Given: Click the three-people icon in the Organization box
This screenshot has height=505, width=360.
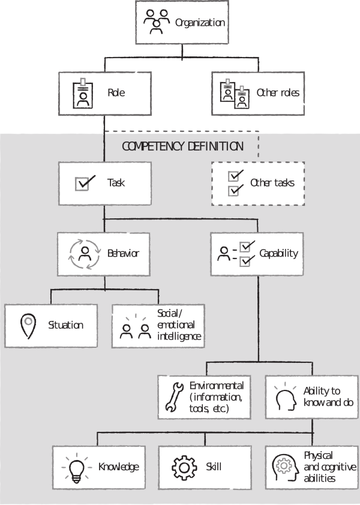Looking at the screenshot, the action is click(157, 22).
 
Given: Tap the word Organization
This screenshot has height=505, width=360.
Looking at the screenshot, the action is click(200, 23).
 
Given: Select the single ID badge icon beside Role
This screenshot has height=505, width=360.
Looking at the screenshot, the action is click(83, 93).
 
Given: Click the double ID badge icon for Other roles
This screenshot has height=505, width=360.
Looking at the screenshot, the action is click(235, 94).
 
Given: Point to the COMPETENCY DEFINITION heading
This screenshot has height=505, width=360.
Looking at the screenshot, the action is click(182, 146).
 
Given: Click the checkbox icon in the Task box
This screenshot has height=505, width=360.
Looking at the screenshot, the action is click(85, 183).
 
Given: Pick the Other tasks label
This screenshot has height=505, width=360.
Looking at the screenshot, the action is click(272, 182).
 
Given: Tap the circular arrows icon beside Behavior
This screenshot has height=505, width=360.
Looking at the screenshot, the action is click(85, 254).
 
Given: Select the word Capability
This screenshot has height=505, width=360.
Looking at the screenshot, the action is click(279, 254).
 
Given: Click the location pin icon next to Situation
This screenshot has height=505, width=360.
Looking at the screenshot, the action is click(28, 326).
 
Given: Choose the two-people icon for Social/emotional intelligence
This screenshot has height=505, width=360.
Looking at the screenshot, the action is click(136, 327).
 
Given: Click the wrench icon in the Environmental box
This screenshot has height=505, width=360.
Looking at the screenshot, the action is click(175, 397).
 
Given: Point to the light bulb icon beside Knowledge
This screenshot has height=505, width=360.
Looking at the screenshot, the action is click(77, 468).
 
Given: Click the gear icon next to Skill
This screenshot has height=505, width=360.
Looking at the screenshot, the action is click(184, 468).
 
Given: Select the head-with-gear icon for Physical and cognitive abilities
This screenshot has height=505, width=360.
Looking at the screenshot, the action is click(285, 468).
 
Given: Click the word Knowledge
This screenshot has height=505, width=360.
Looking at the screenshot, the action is click(119, 467).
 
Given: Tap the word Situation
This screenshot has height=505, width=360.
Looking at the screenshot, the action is click(66, 325).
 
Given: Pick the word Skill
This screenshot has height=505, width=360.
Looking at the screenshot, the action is click(214, 467).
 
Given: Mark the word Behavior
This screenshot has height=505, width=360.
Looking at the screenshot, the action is click(123, 254).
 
